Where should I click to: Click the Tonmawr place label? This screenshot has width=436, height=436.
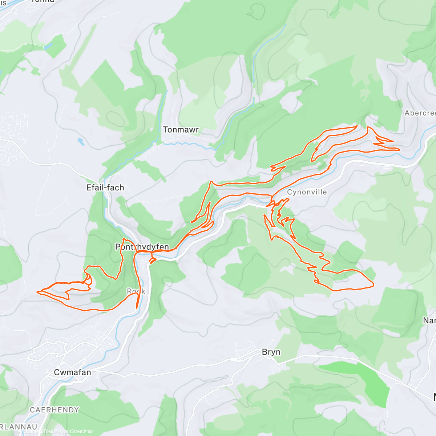(x=181, y=130)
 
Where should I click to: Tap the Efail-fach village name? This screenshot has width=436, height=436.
(x=105, y=187)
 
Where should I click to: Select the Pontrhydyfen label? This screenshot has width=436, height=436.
(x=142, y=247)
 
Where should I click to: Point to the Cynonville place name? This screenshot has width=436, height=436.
(x=307, y=192)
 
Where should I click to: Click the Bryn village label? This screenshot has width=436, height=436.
(x=271, y=352)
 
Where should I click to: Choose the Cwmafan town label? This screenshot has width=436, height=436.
(x=72, y=372)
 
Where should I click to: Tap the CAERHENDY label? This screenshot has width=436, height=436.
(x=54, y=410)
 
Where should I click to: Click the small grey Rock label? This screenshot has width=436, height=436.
(x=136, y=291)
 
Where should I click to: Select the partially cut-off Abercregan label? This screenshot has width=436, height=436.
(x=420, y=113)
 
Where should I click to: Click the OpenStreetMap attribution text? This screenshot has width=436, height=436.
(x=76, y=431)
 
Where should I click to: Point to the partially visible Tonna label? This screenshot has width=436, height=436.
(x=43, y=1)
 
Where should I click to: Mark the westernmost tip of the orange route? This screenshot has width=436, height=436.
(x=38, y=291)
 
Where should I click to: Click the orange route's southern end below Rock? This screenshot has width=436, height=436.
(x=137, y=308)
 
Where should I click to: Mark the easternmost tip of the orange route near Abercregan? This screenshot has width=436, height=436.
(x=399, y=149)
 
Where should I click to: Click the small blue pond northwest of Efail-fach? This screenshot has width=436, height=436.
(x=81, y=141)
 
